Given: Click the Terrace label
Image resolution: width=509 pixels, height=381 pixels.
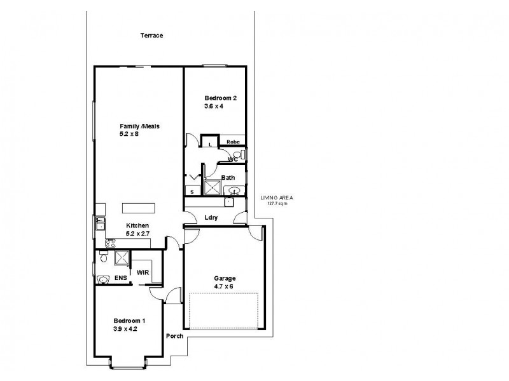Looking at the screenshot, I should point(152,36).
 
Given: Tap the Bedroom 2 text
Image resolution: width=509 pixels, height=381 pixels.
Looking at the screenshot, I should point(220,98).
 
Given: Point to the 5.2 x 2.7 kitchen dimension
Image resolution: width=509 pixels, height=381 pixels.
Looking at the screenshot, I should point(137,234).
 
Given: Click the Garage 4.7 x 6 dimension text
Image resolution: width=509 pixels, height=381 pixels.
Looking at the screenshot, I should point(224,287).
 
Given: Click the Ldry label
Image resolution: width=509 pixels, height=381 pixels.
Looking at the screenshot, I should point(211,218).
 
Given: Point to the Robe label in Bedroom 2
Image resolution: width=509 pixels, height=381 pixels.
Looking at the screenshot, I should point(232,143).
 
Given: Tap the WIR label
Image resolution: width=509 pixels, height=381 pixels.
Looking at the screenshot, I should point(143,272).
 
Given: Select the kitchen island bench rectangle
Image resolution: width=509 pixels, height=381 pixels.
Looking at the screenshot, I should point(138,207).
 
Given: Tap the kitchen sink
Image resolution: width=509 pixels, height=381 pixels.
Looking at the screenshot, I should point(100,223).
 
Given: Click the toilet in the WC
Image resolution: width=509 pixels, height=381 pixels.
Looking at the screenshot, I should point(237,155).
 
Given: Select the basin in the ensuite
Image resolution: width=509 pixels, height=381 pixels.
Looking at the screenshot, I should point(103,279).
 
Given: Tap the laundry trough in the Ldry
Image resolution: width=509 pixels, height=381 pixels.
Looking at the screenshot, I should point(229,203).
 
